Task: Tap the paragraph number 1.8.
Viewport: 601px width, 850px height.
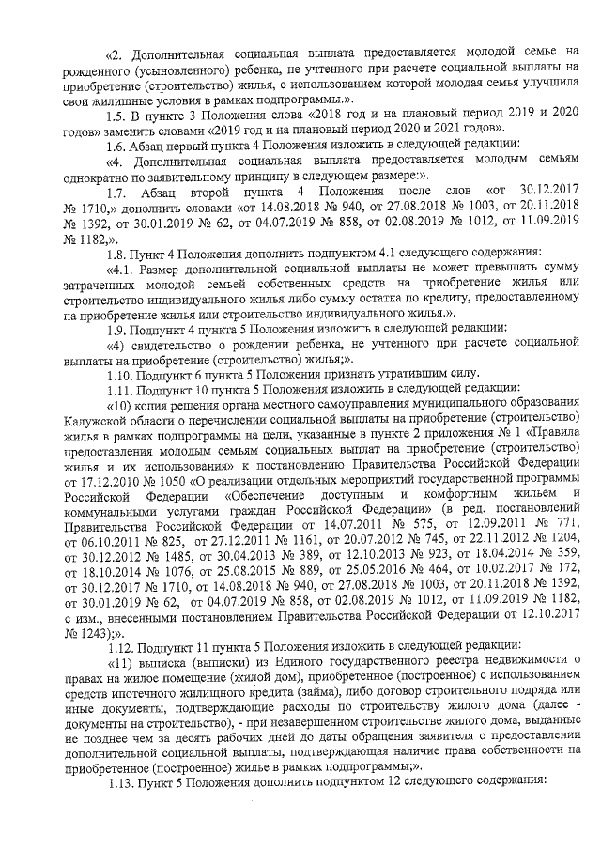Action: pyautogui.click(x=116, y=251)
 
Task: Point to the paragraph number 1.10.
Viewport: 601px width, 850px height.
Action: pyautogui.click(x=119, y=373)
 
